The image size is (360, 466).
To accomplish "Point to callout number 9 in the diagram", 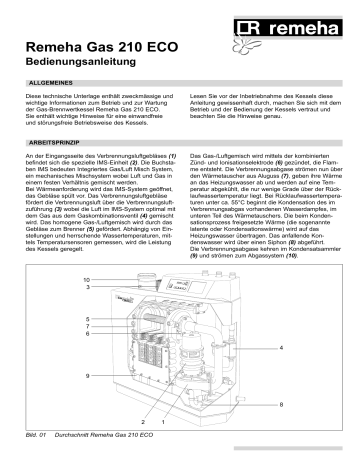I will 87,373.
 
